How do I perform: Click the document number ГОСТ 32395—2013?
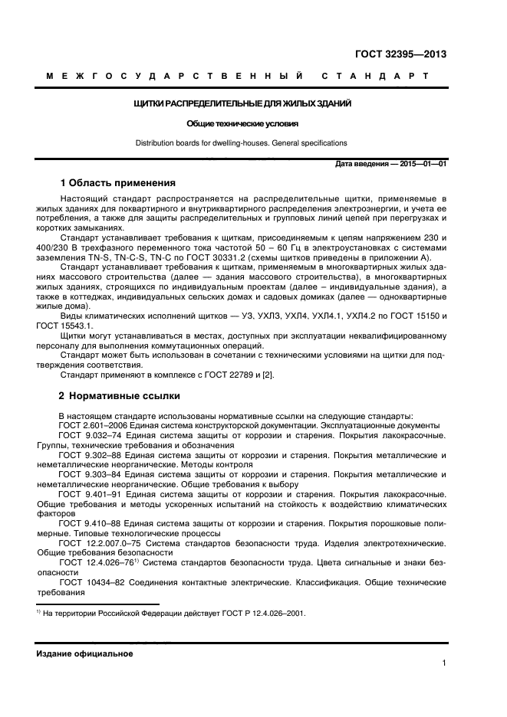[400, 54]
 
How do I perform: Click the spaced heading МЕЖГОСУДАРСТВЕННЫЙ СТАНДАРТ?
[237, 77]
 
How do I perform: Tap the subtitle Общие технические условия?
[242, 123]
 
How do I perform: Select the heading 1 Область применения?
[118, 183]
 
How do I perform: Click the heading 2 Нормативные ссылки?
[120, 396]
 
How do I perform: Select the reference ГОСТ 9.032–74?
[86, 435]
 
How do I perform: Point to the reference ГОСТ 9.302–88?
[86, 455]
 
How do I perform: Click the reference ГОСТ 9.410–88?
[86, 524]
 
